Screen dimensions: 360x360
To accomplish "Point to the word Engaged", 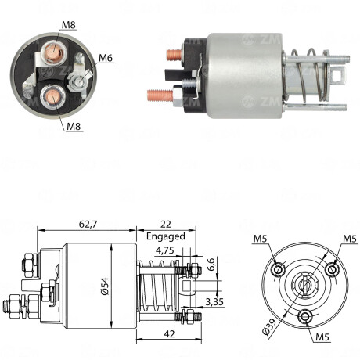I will point(165,236).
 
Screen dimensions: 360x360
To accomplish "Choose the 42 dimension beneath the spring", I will point(170,332).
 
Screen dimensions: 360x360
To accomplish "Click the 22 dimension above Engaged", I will point(167,224).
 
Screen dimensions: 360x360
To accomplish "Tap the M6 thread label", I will point(106,56).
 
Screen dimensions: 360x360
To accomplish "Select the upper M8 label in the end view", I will point(70,25).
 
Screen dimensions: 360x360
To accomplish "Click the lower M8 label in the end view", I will point(74,126).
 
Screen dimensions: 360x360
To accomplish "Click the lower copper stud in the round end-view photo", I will point(51,98).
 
